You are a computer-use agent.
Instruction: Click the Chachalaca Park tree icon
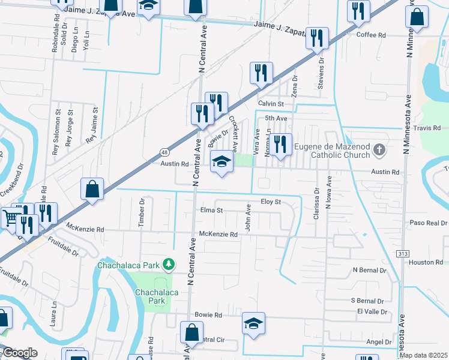pyautogui.click(x=169, y=265)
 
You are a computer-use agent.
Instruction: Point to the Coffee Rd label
pyautogui.click(x=371, y=35)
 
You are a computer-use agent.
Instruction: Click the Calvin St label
pyautogui.click(x=270, y=103)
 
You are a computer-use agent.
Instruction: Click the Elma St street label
pyautogui.click(x=211, y=211)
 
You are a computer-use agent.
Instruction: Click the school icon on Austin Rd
pyautogui.click(x=221, y=161)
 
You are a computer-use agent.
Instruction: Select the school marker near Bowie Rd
pyautogui.click(x=253, y=323)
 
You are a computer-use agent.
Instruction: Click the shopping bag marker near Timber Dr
pyautogui.click(x=92, y=188)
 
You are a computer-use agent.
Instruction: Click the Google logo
pyautogui.click(x=20, y=353)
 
